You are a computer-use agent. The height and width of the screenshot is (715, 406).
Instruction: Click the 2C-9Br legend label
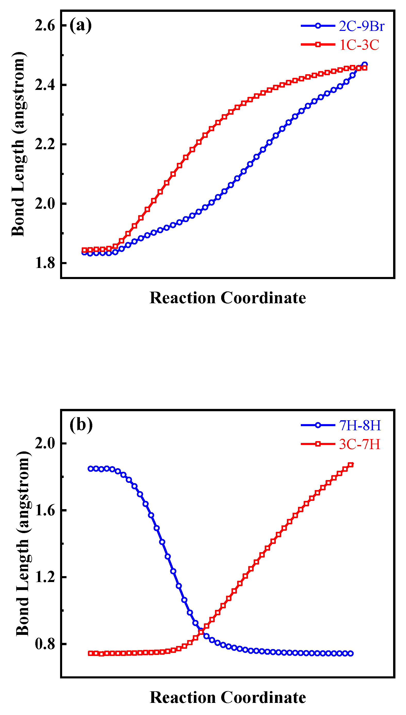coord(361,26)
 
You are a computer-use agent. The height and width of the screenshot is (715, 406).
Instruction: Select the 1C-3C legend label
coord(359,45)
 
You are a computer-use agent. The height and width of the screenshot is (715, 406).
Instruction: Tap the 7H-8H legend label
coord(360,425)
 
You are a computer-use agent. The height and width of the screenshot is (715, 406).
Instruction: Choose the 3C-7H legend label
coord(359,444)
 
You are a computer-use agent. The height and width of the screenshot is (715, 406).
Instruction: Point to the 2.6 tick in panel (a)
coord(45,26)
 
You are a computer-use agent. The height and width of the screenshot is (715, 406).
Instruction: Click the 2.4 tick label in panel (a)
coord(45,85)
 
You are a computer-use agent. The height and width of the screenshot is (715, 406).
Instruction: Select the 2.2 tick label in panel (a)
coord(45,144)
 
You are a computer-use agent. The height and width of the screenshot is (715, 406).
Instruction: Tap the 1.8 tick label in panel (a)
coord(45,263)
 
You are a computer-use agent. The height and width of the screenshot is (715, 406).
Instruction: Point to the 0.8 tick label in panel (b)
coord(45,644)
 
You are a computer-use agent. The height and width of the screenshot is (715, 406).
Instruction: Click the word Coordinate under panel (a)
coord(263,298)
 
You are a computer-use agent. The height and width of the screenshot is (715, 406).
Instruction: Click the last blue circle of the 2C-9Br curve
coord(364,64)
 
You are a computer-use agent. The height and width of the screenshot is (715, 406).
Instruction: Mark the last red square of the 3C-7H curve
coord(351,465)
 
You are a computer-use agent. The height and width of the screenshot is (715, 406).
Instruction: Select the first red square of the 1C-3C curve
coord(84,250)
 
